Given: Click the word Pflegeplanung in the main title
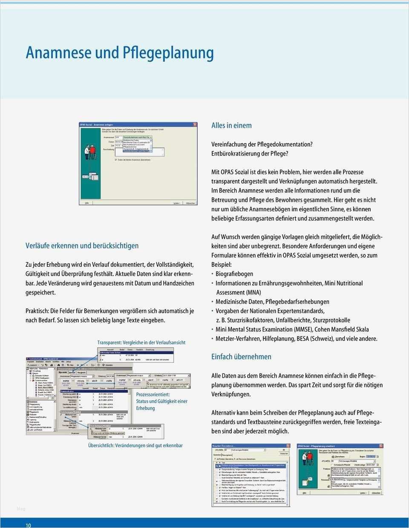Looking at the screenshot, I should (168, 53).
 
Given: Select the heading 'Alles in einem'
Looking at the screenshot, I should (231, 125).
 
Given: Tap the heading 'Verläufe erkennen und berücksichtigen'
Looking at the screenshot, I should (82, 245).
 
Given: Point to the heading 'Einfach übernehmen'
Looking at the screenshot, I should (241, 357).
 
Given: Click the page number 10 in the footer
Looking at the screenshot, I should (28, 525).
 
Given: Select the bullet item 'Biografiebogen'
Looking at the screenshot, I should (234, 274).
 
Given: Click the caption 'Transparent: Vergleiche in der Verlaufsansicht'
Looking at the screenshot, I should (141, 342).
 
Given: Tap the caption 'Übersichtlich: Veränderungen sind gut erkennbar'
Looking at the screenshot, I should (135, 445).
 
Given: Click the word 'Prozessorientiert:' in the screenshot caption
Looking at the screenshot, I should (153, 395).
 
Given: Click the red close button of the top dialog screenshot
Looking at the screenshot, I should (195, 125).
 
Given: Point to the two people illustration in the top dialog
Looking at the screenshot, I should (90, 151).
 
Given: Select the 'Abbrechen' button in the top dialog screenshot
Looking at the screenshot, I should (190, 203).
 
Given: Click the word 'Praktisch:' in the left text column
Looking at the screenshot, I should (37, 311).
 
